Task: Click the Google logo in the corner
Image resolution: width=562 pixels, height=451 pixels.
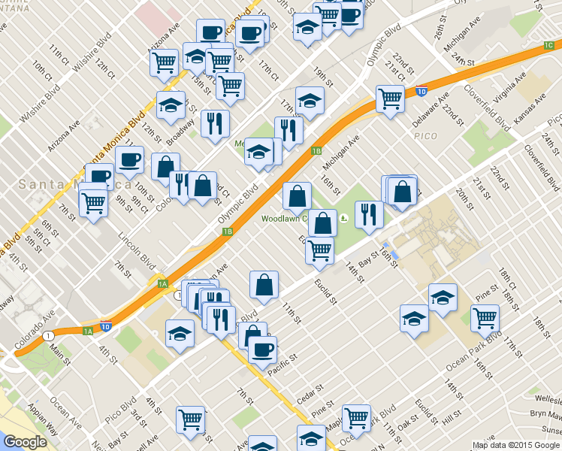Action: pyautogui.click(x=25, y=442)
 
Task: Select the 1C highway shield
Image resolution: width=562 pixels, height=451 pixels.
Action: pyautogui.click(x=548, y=45)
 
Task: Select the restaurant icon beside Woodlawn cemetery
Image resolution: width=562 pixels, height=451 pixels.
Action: pyautogui.click(x=369, y=214)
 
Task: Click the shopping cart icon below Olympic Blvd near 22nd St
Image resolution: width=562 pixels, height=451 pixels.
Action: pyautogui.click(x=390, y=98)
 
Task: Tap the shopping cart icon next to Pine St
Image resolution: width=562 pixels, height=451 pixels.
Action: pyautogui.click(x=485, y=318)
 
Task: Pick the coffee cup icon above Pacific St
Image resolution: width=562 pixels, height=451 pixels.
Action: pyautogui.click(x=262, y=349)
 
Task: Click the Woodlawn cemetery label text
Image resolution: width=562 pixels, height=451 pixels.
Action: pyautogui.click(x=284, y=219)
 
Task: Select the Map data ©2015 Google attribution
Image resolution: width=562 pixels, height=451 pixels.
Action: pyautogui.click(x=515, y=445)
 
